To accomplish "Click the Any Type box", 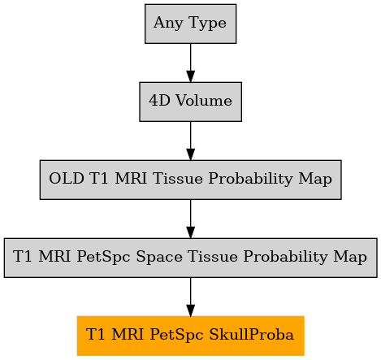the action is click(x=190, y=24).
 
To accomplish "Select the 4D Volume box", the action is click(x=190, y=102).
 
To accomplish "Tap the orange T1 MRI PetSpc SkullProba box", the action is click(x=190, y=336).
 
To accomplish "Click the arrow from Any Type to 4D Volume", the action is click(x=190, y=63).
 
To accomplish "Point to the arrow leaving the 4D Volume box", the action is click(x=190, y=141).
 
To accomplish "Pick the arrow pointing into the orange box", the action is click(x=190, y=297).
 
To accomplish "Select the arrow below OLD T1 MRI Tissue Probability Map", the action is click(x=190, y=219).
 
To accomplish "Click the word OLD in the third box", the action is click(x=67, y=179).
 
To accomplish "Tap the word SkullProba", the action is click(x=251, y=335).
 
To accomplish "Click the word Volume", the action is click(x=204, y=101).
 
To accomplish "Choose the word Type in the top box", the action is click(x=208, y=24).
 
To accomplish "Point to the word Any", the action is click(x=168, y=24).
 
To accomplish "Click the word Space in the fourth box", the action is click(x=159, y=257).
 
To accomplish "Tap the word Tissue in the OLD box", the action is click(x=178, y=179).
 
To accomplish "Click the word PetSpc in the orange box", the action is click(x=176, y=335).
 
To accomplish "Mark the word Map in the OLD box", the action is click(x=315, y=179).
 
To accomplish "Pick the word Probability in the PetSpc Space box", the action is click(x=285, y=257).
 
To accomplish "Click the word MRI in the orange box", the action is click(x=128, y=335).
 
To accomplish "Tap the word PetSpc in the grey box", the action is click(x=103, y=257).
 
